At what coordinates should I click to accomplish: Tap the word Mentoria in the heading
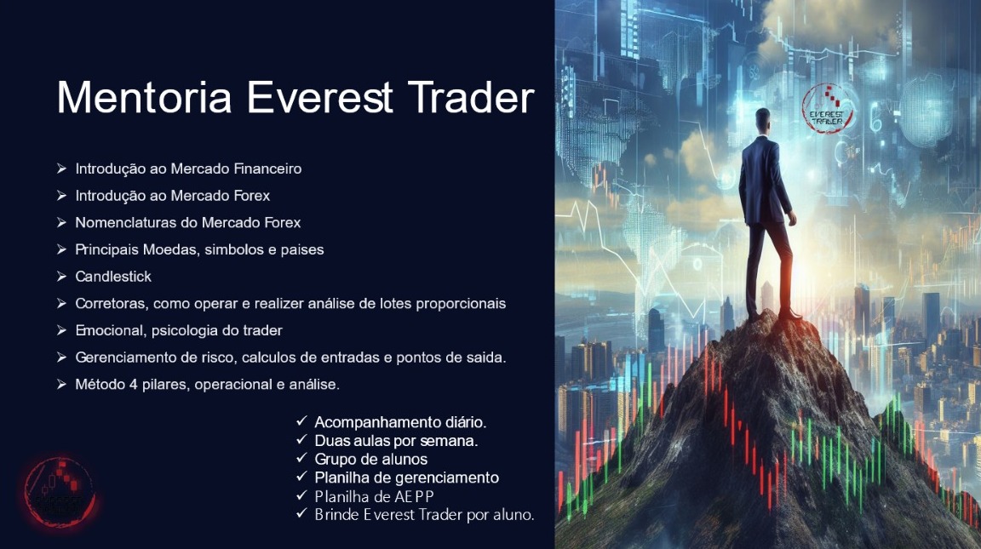point(144,97)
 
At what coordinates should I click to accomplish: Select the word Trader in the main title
point(470,97)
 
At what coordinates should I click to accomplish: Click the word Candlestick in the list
point(113,277)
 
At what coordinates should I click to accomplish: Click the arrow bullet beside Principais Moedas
point(61,249)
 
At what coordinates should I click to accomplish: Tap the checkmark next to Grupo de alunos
point(301,460)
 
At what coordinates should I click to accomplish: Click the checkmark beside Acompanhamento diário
point(301,422)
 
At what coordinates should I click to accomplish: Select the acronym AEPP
point(415,496)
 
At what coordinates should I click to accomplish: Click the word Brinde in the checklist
point(335,514)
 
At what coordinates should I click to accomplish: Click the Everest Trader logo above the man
point(827,109)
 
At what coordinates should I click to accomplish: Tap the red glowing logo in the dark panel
point(59,492)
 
